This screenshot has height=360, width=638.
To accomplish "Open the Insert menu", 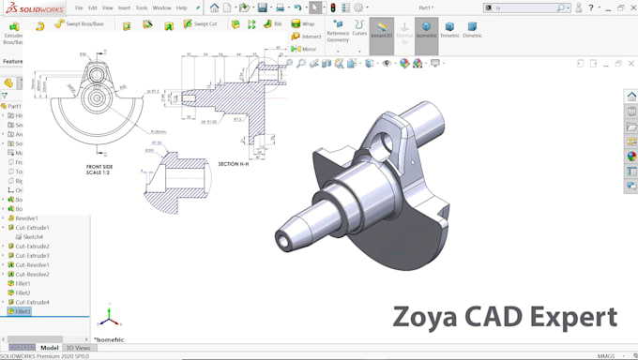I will point(124,7).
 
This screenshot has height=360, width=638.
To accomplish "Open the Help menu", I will point(182,7).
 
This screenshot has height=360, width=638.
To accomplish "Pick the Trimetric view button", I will point(449,32).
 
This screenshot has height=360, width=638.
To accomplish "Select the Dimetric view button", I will point(472,32).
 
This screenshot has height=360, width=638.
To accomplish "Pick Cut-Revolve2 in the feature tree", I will point(33,274).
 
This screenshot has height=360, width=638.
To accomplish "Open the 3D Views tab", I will point(78,348).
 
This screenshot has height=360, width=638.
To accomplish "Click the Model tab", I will point(49,348).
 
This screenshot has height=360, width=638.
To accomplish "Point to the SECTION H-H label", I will point(235,164).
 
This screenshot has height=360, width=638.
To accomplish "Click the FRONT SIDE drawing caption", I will point(99,166).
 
